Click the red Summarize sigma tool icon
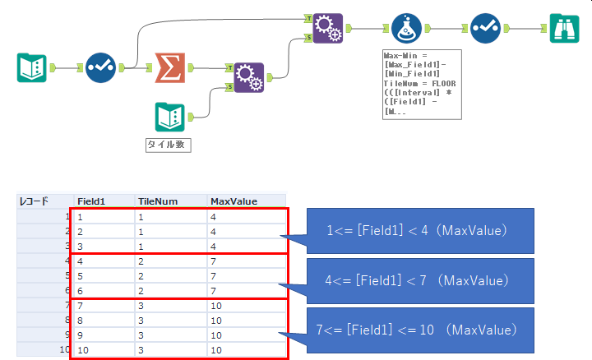169,67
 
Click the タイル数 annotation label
169,145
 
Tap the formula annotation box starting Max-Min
419,84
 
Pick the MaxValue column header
234,201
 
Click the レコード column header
34,201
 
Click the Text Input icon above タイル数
169,116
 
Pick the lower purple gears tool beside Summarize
248,77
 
